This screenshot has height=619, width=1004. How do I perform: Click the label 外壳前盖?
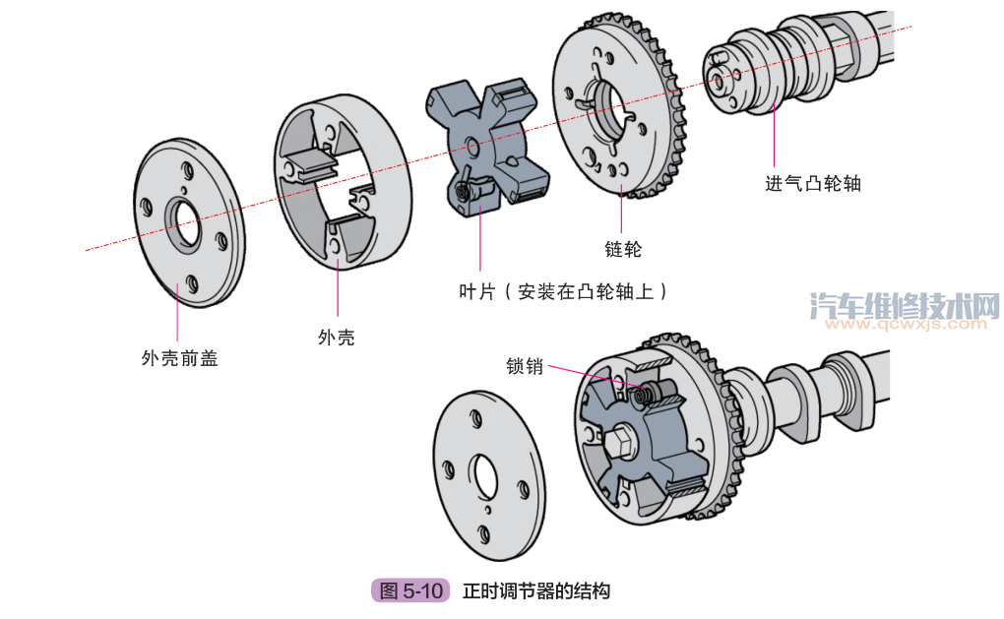(179, 359)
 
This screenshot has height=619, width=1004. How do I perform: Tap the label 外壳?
(336, 338)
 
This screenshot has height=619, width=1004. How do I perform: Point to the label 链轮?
(622, 250)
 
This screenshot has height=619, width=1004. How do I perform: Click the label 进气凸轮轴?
(812, 183)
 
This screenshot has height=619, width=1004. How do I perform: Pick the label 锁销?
(525, 366)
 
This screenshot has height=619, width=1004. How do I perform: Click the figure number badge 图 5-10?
(410, 591)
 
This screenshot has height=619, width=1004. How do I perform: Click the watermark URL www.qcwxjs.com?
(903, 324)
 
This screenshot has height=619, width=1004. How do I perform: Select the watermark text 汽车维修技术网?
(903, 305)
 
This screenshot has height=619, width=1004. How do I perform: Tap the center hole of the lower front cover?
(486, 476)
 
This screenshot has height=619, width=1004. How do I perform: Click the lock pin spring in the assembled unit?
(645, 396)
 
